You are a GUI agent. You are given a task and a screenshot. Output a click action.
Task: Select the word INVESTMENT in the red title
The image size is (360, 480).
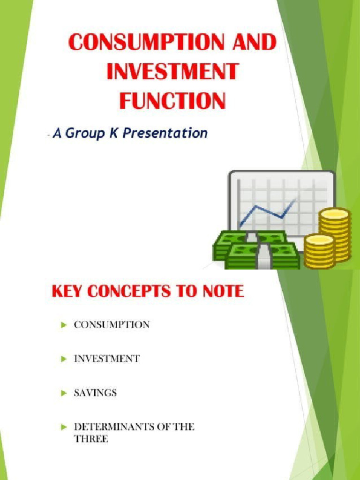172,73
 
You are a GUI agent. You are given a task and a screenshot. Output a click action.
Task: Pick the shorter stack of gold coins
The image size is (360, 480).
319,251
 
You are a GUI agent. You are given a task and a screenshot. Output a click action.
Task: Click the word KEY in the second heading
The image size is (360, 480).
67,292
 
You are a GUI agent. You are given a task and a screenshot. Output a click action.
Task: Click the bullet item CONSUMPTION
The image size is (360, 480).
112,324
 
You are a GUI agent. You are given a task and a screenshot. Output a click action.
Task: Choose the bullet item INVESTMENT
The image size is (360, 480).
106,359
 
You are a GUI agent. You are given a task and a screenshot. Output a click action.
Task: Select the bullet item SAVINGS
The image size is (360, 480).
95,393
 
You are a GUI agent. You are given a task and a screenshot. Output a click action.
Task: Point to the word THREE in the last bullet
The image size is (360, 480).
91,439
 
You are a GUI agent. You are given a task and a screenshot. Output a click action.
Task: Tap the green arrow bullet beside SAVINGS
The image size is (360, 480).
64,393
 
